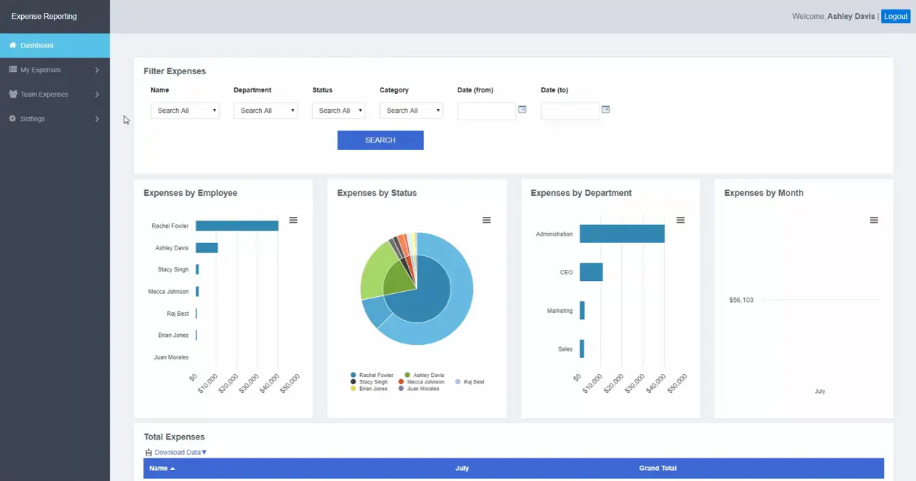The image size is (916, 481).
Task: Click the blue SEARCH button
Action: point(381,140)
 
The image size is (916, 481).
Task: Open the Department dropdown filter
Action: point(266,111)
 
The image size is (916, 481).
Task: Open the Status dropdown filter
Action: point(338,111)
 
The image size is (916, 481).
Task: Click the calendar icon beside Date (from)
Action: point(522,109)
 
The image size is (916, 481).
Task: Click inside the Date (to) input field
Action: point(570,111)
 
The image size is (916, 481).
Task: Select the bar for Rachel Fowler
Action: point(236,226)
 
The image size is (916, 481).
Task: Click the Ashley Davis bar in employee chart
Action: point(207,248)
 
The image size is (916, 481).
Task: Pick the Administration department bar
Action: point(622,234)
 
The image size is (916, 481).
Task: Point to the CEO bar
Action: point(591,272)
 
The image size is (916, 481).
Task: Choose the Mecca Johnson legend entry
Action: point(421,381)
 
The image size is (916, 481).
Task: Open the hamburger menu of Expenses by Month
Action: point(874,220)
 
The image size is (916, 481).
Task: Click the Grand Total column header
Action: point(658,468)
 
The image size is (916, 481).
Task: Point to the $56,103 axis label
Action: point(741,300)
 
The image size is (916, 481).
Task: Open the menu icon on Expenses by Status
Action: point(486,220)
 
